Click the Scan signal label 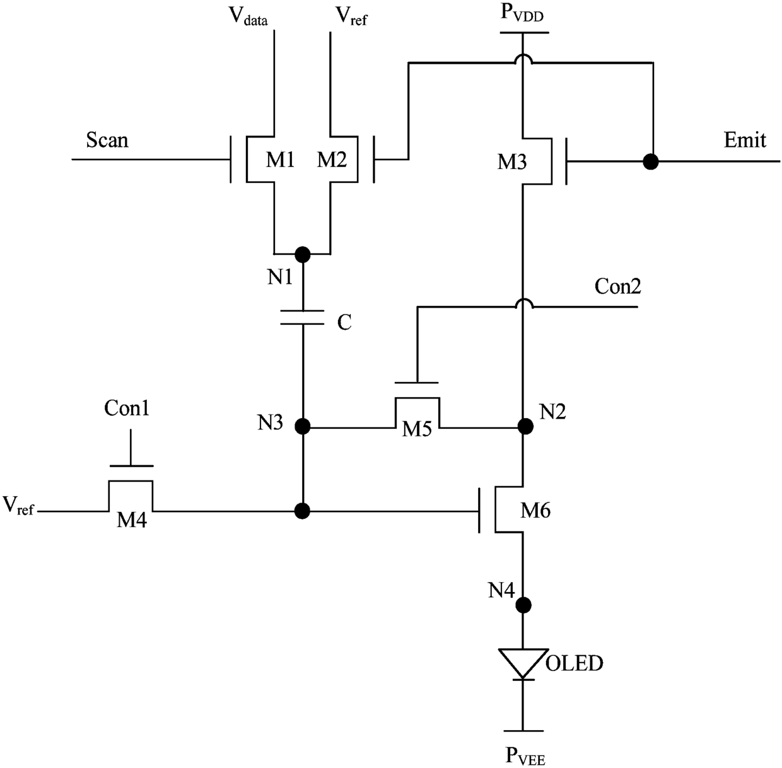107,140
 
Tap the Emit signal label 745,140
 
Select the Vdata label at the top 248,16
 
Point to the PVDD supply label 522,12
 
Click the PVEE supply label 525,755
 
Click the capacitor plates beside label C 302,317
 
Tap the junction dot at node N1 302,255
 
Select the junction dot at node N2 525,426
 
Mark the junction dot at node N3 302,427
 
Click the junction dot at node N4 523,605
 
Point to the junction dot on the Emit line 651,161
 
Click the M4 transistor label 131,520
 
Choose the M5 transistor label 417,429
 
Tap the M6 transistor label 535,510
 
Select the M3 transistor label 512,162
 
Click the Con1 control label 127,408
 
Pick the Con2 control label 617,286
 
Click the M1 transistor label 281,160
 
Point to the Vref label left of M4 18,505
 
